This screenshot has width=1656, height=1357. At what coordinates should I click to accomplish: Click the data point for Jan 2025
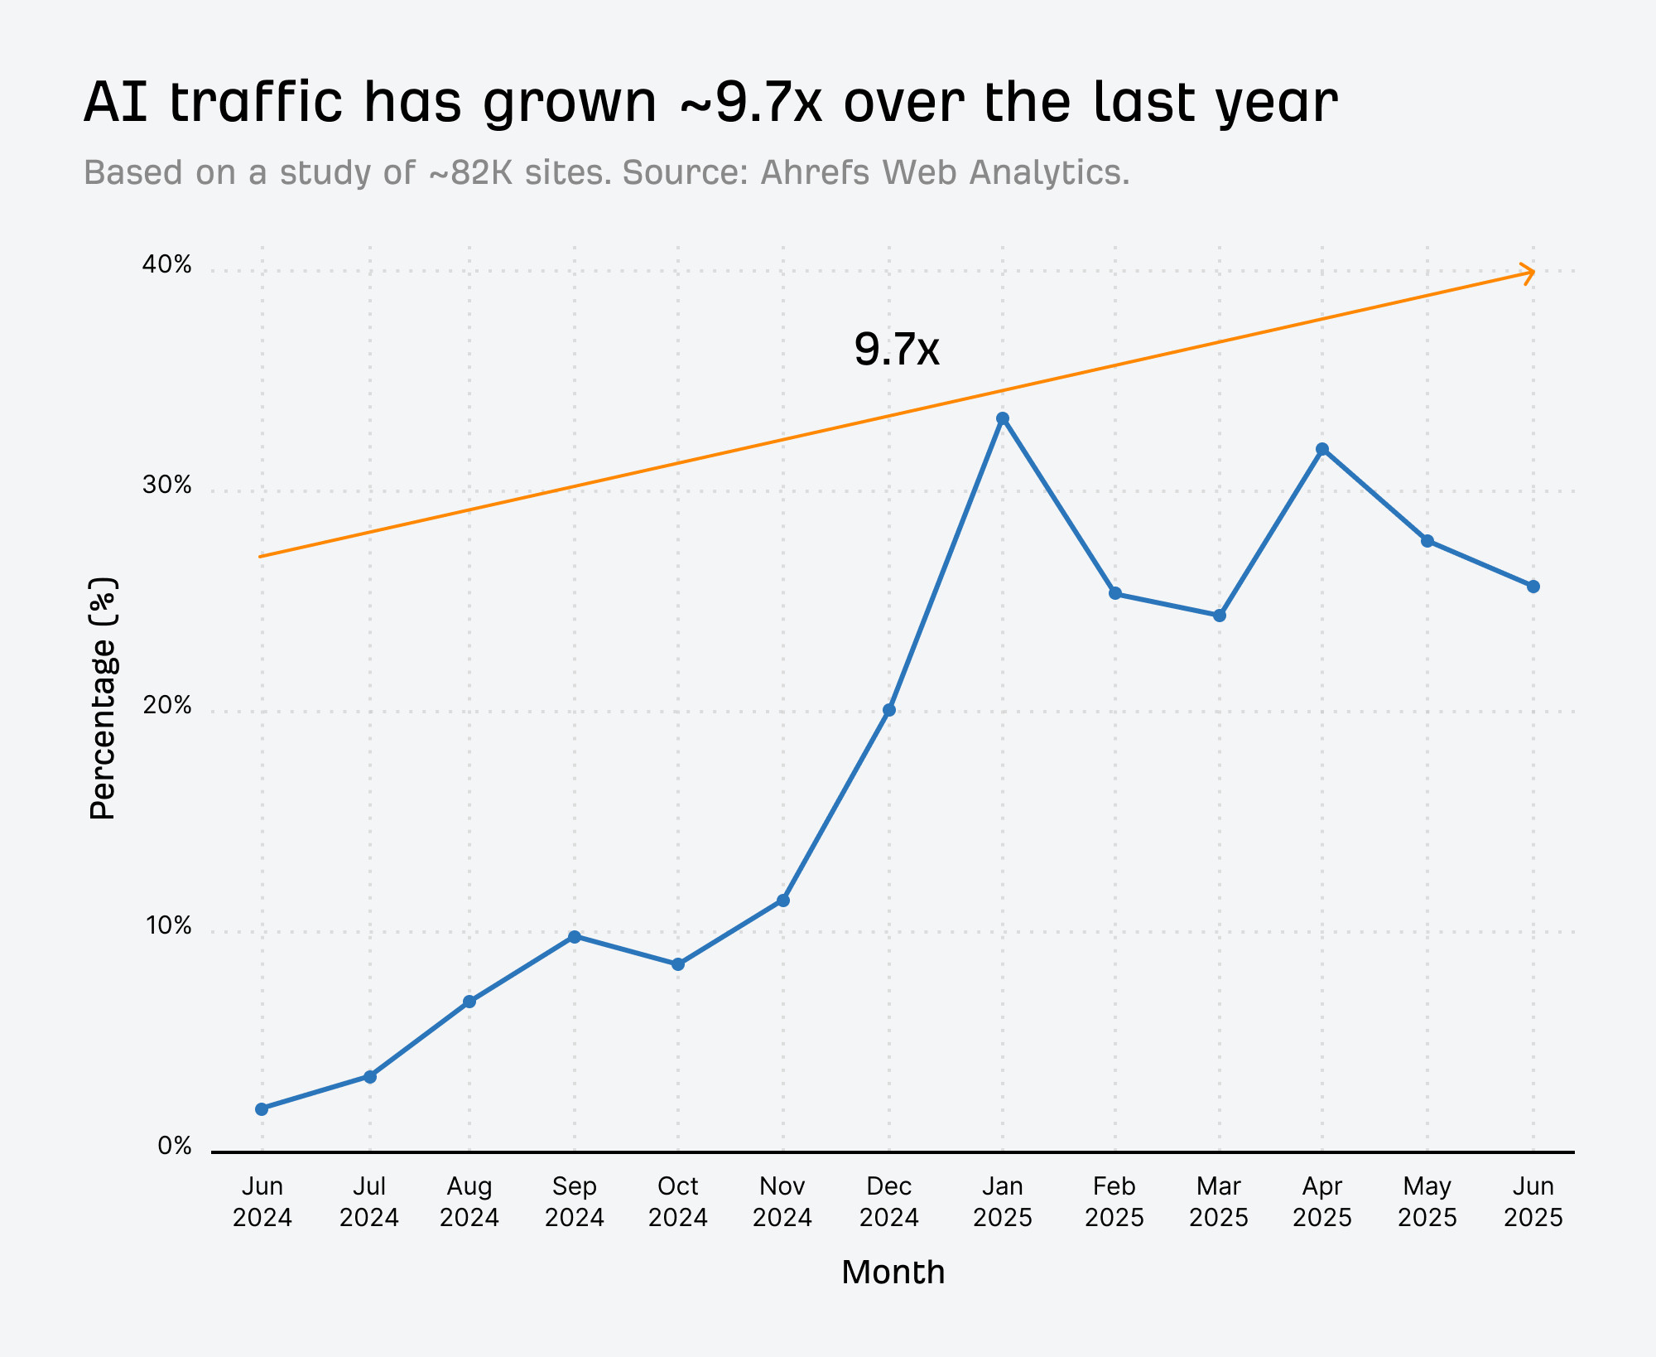[1003, 418]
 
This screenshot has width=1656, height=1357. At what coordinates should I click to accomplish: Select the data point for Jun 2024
[262, 1108]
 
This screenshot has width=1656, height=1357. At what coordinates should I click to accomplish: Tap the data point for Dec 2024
[889, 710]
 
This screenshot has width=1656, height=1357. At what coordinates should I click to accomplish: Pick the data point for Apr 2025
[1322, 449]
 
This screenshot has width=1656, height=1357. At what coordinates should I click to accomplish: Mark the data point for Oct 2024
[678, 964]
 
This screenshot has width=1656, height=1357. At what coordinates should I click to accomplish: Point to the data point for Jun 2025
[1533, 587]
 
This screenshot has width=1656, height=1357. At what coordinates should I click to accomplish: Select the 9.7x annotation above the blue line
[897, 349]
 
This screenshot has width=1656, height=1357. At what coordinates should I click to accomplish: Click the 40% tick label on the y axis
[166, 265]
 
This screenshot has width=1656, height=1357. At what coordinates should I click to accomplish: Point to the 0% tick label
[174, 1146]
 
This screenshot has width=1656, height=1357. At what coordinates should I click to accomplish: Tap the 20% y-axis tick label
[166, 706]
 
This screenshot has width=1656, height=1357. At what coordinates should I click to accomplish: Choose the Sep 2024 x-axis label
[575, 1201]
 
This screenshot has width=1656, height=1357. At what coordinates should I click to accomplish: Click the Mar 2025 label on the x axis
[1219, 1201]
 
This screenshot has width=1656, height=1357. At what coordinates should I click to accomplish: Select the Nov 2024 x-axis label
[782, 1201]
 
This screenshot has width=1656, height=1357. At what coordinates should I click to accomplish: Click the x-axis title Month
[893, 1272]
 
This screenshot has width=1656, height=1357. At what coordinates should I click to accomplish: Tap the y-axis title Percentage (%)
[103, 698]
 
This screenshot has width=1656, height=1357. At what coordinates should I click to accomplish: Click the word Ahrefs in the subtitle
[816, 172]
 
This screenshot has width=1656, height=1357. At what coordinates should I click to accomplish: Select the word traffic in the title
[255, 103]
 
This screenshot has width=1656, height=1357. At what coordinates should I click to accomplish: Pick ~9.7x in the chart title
[751, 103]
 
